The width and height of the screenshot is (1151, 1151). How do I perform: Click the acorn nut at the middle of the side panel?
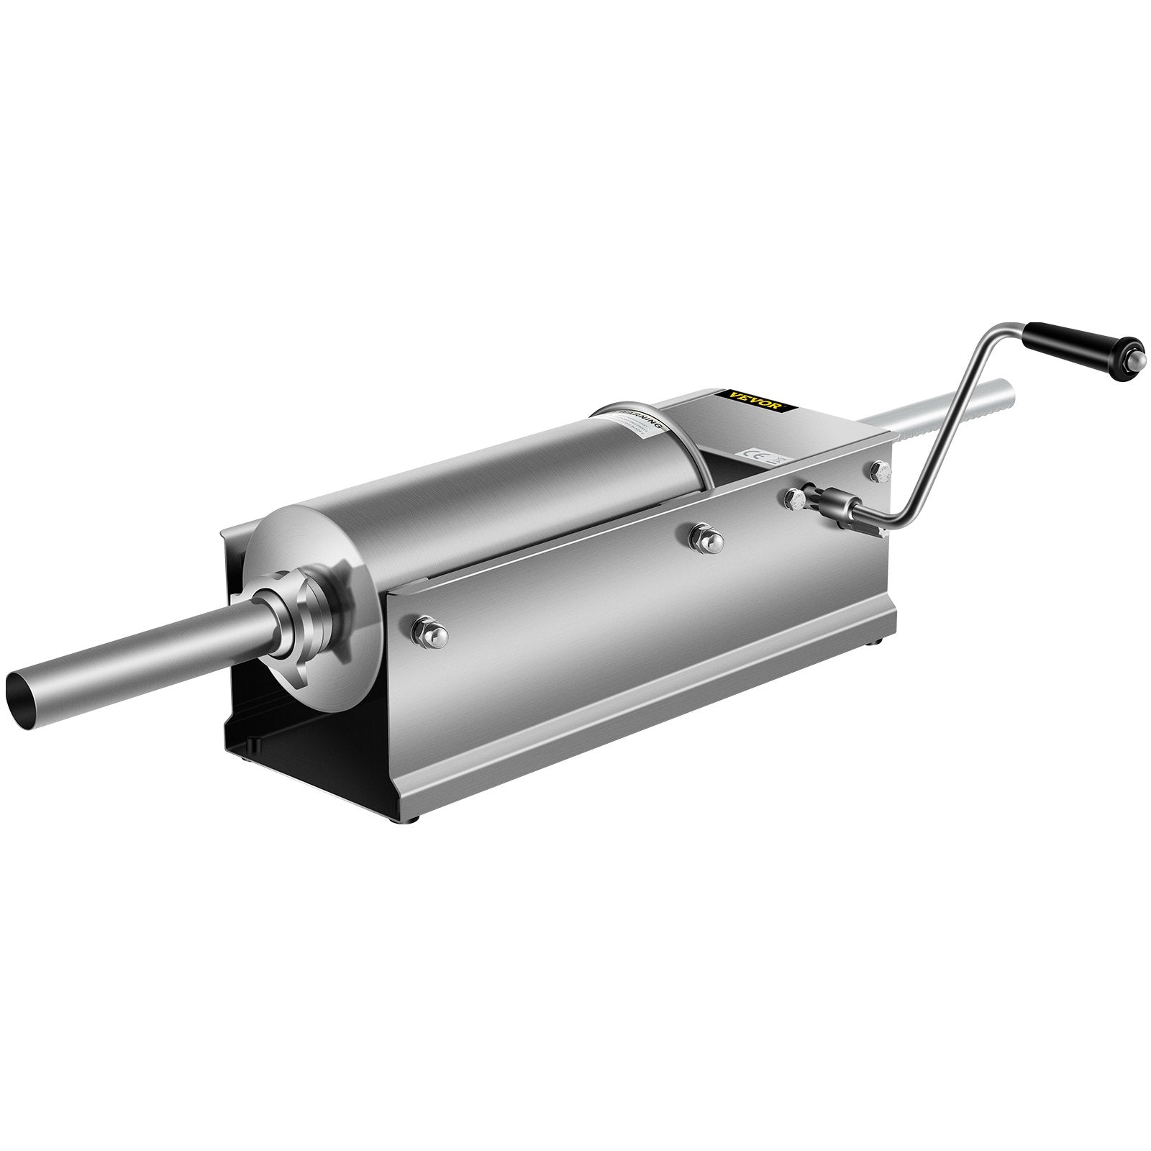[701, 535]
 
